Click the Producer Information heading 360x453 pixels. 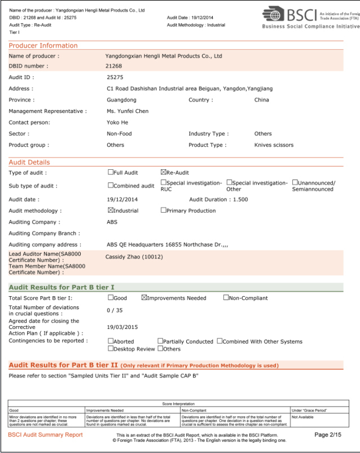pos(43,46)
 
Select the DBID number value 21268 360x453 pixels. pos(115,66)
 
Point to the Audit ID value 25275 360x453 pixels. pos(115,77)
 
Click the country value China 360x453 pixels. pos(262,100)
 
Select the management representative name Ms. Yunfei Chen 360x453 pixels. pos(128,111)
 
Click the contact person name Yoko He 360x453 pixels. pos(117,122)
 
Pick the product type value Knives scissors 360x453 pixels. pos(274,145)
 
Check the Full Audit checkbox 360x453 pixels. pos(111,172)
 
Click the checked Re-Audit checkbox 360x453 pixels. pos(164,172)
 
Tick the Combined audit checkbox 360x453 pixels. pos(111,186)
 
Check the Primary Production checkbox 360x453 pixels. pos(164,210)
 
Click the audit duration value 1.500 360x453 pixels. pos(240,199)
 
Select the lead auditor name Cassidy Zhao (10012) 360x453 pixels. pos(134,257)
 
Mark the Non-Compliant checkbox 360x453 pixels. pos(226,298)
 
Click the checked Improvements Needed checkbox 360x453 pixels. pos(144,298)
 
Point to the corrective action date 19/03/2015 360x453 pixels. pos(122,327)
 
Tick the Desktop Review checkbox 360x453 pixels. pos(111,349)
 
